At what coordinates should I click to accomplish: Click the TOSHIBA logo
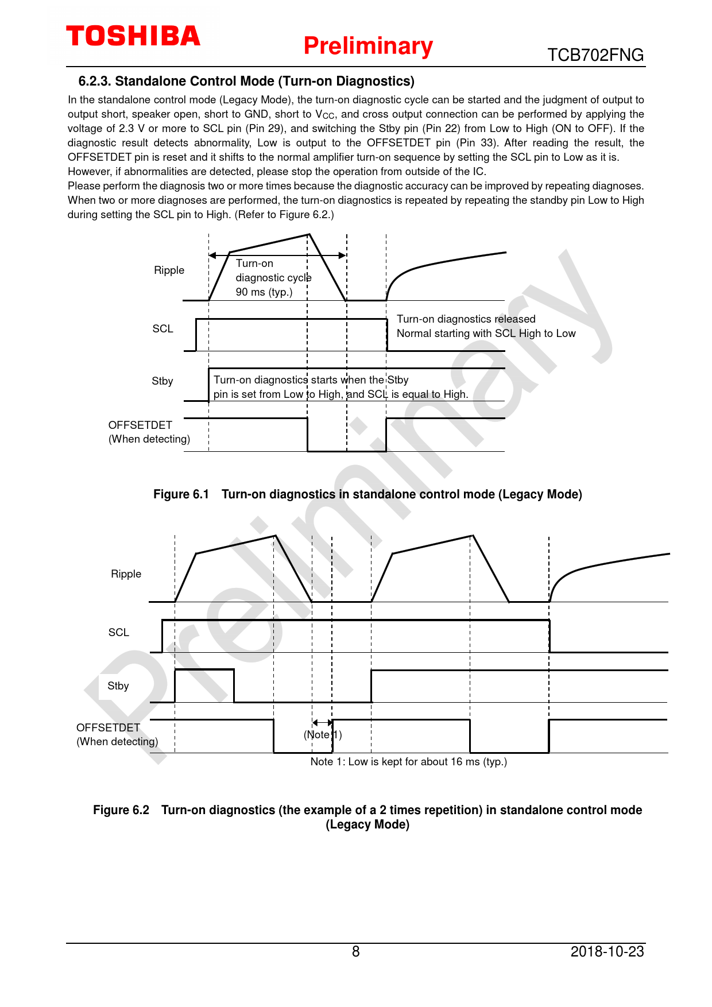[133, 36]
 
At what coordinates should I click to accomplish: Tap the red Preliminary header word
[368, 46]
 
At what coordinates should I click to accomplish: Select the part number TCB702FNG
[595, 55]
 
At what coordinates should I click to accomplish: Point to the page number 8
[355, 952]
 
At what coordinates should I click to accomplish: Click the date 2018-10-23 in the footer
[607, 952]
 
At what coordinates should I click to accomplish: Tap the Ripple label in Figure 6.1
[169, 270]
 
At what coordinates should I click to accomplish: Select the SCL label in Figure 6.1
[162, 329]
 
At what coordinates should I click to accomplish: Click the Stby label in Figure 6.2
[118, 686]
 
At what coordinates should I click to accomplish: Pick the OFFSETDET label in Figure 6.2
[108, 728]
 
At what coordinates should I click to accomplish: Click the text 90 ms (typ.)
[264, 292]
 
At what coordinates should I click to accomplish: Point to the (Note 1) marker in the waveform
[323, 735]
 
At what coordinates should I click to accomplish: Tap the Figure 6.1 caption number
[181, 494]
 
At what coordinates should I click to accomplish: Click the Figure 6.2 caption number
[121, 810]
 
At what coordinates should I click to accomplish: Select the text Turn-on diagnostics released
[466, 319]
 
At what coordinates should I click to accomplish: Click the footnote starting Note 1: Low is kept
[408, 762]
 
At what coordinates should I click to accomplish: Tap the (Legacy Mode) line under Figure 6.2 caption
[367, 825]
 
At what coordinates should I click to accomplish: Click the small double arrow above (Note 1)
[322, 722]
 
